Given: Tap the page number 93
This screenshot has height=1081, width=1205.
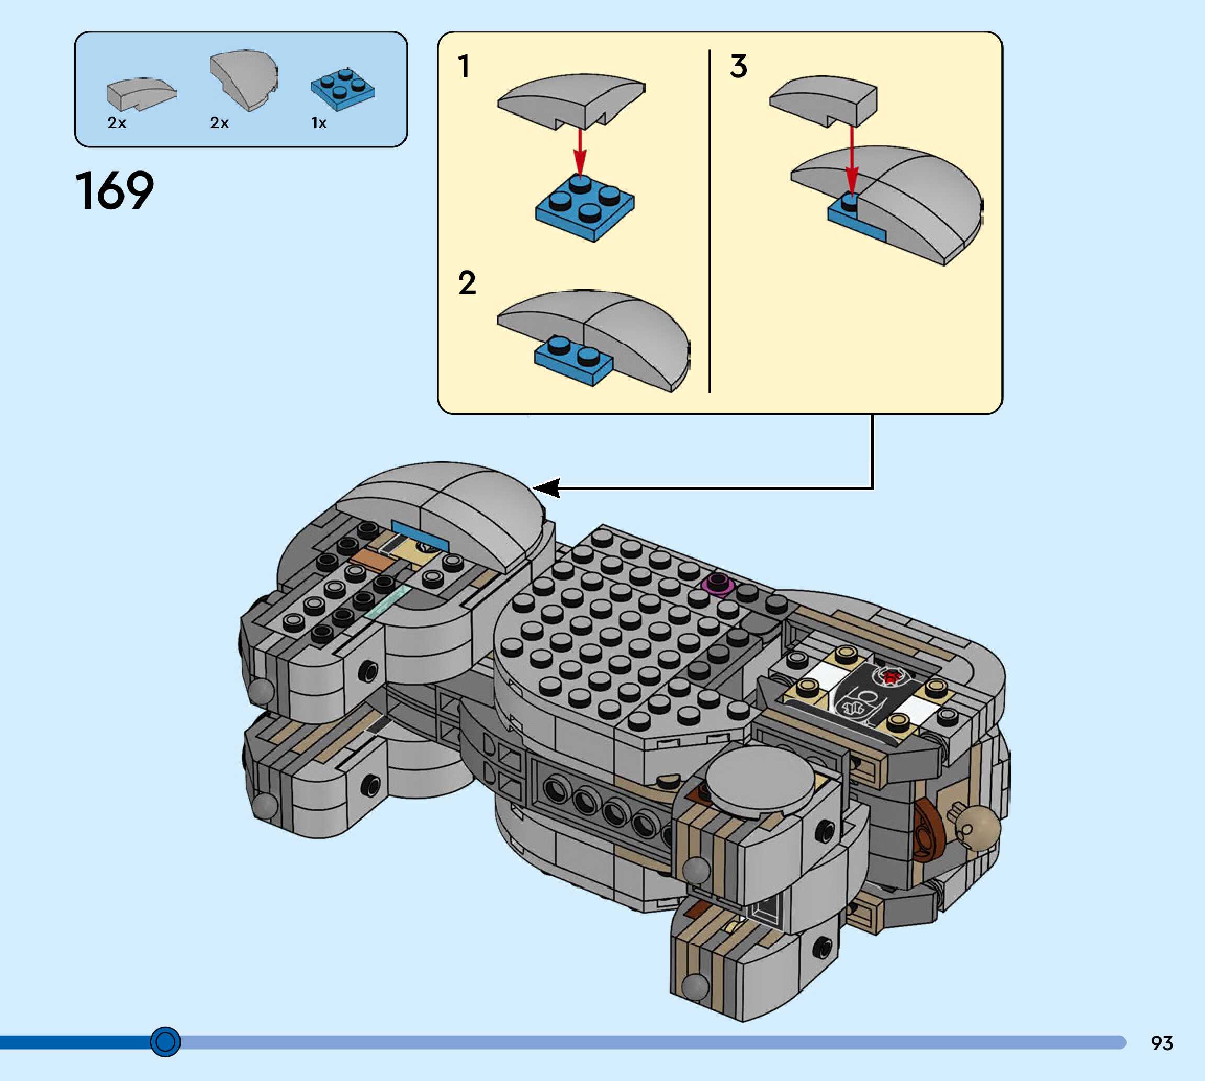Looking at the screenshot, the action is pos(1162,1043).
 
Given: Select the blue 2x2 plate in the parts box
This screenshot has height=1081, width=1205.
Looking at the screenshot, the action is pos(343,89).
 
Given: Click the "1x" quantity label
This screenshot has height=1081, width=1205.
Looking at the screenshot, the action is pos(319,123).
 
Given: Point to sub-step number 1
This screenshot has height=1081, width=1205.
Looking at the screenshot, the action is pos(464,66).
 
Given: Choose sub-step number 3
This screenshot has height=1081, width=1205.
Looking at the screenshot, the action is pos(739,66).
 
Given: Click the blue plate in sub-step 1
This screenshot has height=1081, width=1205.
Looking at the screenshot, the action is pos(584,209).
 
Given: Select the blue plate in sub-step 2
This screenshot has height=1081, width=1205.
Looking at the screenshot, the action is pos(573,360).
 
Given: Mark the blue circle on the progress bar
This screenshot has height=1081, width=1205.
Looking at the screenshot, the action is pos(165,1042).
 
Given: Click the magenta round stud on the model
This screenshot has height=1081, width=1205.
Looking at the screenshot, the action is pos(717,583).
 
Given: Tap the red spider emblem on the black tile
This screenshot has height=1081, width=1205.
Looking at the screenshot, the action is pos(890,677).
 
